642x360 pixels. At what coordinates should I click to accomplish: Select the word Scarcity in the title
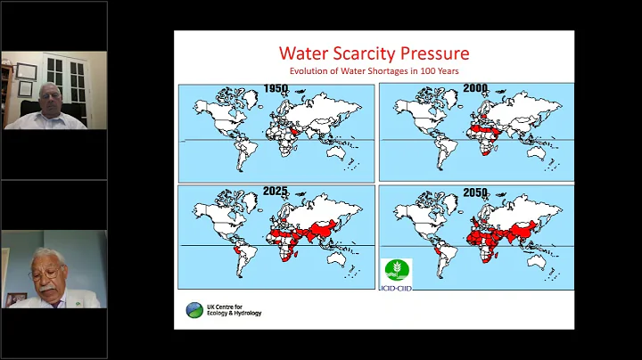pos(369,53)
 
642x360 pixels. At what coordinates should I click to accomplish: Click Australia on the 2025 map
pos(336,255)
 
